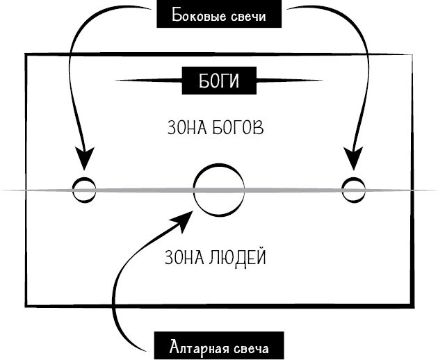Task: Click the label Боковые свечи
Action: click(220, 16)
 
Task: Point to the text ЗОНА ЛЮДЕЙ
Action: click(216, 259)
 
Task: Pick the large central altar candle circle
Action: click(218, 190)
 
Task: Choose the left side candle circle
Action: click(83, 189)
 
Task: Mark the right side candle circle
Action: click(353, 188)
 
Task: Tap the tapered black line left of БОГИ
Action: click(149, 80)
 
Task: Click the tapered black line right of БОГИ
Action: click(288, 80)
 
